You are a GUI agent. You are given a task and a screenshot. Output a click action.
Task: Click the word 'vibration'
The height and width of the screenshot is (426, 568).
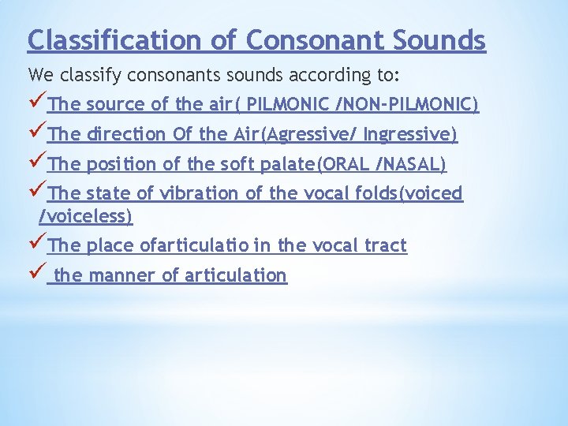tap(192, 194)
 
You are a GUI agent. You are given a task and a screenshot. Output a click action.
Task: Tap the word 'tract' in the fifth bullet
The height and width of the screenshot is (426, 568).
tap(384, 245)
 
